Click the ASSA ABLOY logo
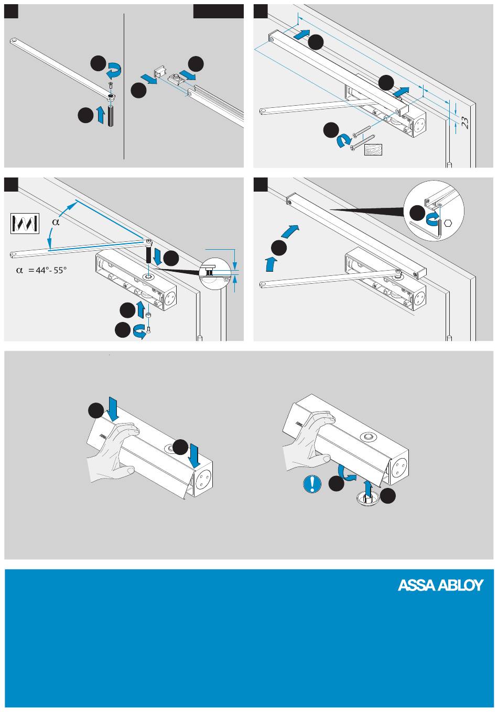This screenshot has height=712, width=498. [440, 585]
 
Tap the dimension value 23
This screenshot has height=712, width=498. [465, 123]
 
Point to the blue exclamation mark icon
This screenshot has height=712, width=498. [312, 484]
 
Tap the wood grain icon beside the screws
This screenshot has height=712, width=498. [373, 150]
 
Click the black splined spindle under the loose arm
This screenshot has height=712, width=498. [111, 116]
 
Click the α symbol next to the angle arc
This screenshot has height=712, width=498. [57, 222]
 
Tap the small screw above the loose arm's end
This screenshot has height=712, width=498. [111, 85]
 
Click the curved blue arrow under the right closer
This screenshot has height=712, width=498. [347, 472]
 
